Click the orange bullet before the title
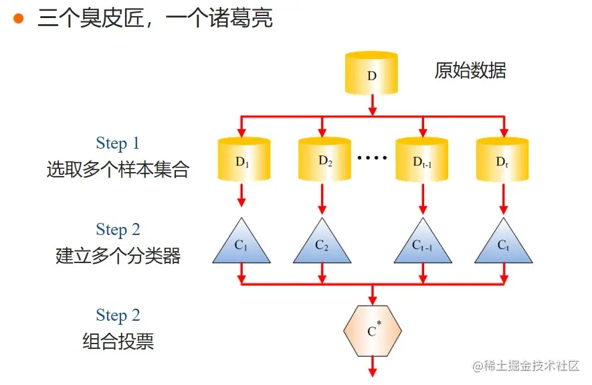click(19, 18)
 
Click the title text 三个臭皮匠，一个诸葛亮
click(155, 18)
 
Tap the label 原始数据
click(470, 70)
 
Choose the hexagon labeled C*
click(373, 330)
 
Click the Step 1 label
click(118, 143)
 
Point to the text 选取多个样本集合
click(118, 169)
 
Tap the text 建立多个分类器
click(118, 256)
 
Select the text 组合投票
click(118, 341)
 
